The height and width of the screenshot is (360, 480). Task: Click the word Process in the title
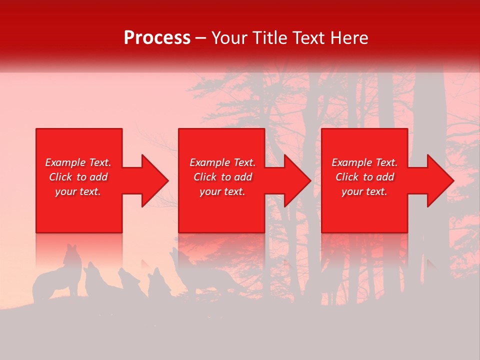157,38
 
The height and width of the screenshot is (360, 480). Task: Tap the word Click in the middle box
205,177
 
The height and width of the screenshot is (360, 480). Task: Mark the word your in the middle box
210,192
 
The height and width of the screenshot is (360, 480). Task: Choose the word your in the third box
352,192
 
